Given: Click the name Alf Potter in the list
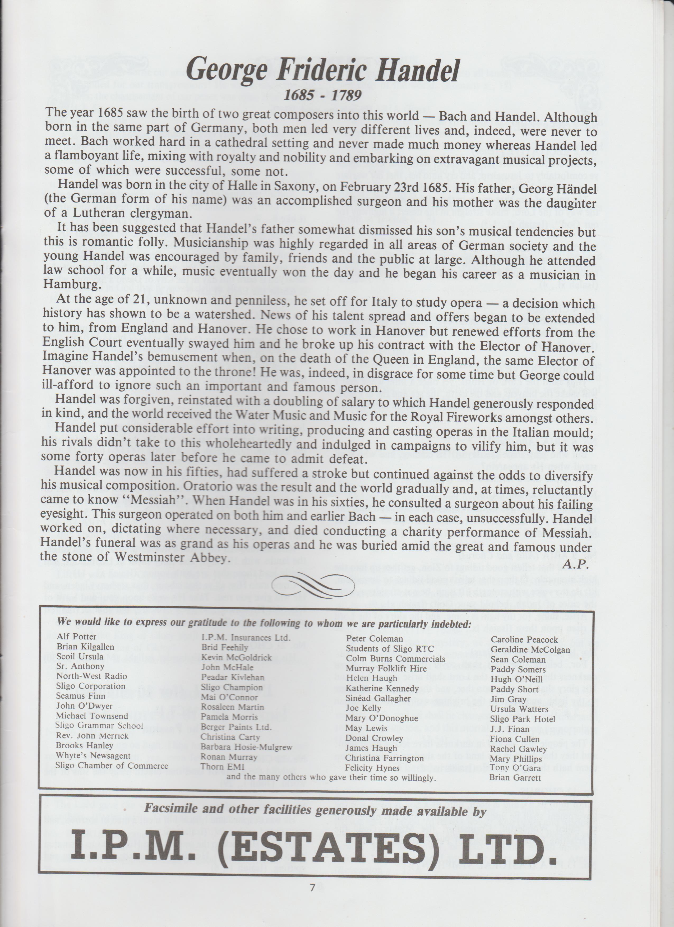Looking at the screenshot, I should click(77, 637).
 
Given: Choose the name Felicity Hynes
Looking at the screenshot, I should click(367, 768).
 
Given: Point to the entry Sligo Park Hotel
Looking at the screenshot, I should click(523, 719).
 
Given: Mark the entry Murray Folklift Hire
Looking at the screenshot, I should click(386, 669).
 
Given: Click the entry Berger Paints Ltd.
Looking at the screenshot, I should click(236, 727).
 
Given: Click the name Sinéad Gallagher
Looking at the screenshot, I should click(378, 698).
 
